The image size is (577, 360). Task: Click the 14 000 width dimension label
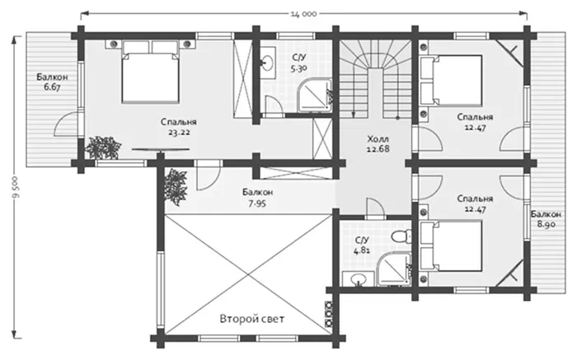click(303, 14)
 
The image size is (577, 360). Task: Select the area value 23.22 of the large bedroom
click(179, 133)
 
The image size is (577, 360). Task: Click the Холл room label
click(378, 139)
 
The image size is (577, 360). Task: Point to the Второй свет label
click(252, 319)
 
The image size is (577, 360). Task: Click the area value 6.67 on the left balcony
click(52, 87)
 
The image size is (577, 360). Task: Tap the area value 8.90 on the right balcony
click(546, 224)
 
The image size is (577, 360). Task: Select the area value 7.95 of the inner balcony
click(257, 203)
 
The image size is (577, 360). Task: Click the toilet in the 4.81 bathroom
click(401, 235)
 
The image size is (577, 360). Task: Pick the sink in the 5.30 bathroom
click(268, 62)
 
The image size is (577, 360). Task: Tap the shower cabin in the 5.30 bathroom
click(315, 96)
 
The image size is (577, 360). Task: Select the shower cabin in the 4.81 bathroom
click(395, 269)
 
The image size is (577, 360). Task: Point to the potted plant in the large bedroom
click(103, 147)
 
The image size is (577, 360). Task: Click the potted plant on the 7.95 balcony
click(176, 186)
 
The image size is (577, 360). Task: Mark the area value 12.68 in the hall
click(378, 149)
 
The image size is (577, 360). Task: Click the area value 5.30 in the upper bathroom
click(298, 68)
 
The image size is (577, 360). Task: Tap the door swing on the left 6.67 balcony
click(65, 124)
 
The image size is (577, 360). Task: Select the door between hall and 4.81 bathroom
click(375, 208)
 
